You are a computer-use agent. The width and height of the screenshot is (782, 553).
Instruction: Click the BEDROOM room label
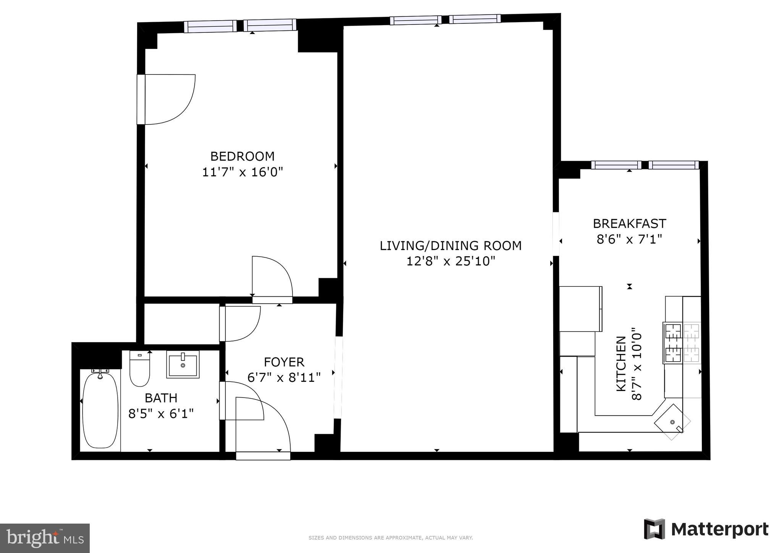coord(242,156)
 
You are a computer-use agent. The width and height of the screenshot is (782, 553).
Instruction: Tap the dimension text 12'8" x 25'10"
coord(451,261)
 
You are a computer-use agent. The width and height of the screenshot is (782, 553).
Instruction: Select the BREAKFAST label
coord(629,223)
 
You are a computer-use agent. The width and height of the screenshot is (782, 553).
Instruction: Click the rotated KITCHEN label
coord(621,364)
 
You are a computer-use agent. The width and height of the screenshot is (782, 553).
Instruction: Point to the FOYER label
coord(284,362)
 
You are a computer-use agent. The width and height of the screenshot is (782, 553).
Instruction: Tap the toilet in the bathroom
coord(139,369)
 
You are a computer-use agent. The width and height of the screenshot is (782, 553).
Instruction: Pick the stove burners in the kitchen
coord(682,343)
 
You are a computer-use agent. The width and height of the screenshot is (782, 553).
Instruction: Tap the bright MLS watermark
coord(45,538)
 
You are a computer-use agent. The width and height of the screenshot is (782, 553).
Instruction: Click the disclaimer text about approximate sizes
coord(391,538)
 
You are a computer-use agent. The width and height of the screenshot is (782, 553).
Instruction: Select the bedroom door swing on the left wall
coord(166,99)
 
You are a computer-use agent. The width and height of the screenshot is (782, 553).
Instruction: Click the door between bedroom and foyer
coord(272,279)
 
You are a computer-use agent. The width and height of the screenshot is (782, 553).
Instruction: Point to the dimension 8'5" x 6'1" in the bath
coord(161,414)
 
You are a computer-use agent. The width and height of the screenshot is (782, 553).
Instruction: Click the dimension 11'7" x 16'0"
coord(242,172)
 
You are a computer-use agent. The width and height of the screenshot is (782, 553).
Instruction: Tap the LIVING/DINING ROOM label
coord(451,246)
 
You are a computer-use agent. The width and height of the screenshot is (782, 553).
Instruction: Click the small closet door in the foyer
coord(241,323)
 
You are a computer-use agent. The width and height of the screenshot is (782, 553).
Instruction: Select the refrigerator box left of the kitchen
coord(580,309)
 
